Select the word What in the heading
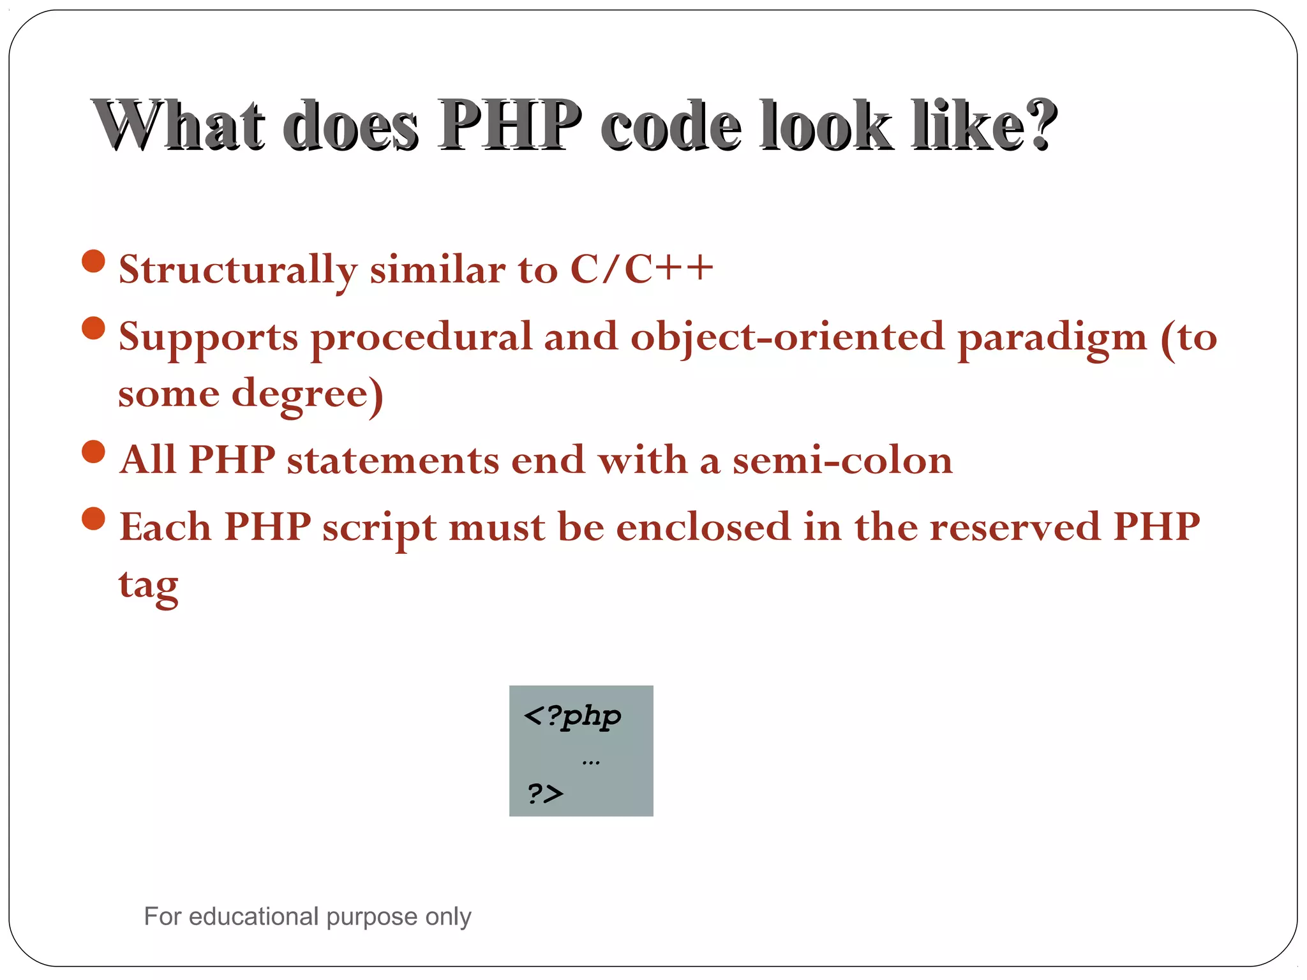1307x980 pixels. click(179, 125)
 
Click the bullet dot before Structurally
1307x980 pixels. click(94, 261)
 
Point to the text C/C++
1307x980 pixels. click(641, 269)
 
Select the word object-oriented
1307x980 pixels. click(787, 338)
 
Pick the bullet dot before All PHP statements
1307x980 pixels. click(94, 452)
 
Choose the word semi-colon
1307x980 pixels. click(842, 460)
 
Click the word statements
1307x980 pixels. click(392, 460)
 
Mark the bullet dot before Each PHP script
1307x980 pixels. click(94, 518)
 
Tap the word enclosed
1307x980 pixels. click(703, 527)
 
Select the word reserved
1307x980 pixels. click(1015, 527)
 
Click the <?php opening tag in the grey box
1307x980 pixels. click(572, 716)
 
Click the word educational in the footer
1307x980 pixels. click(253, 916)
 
